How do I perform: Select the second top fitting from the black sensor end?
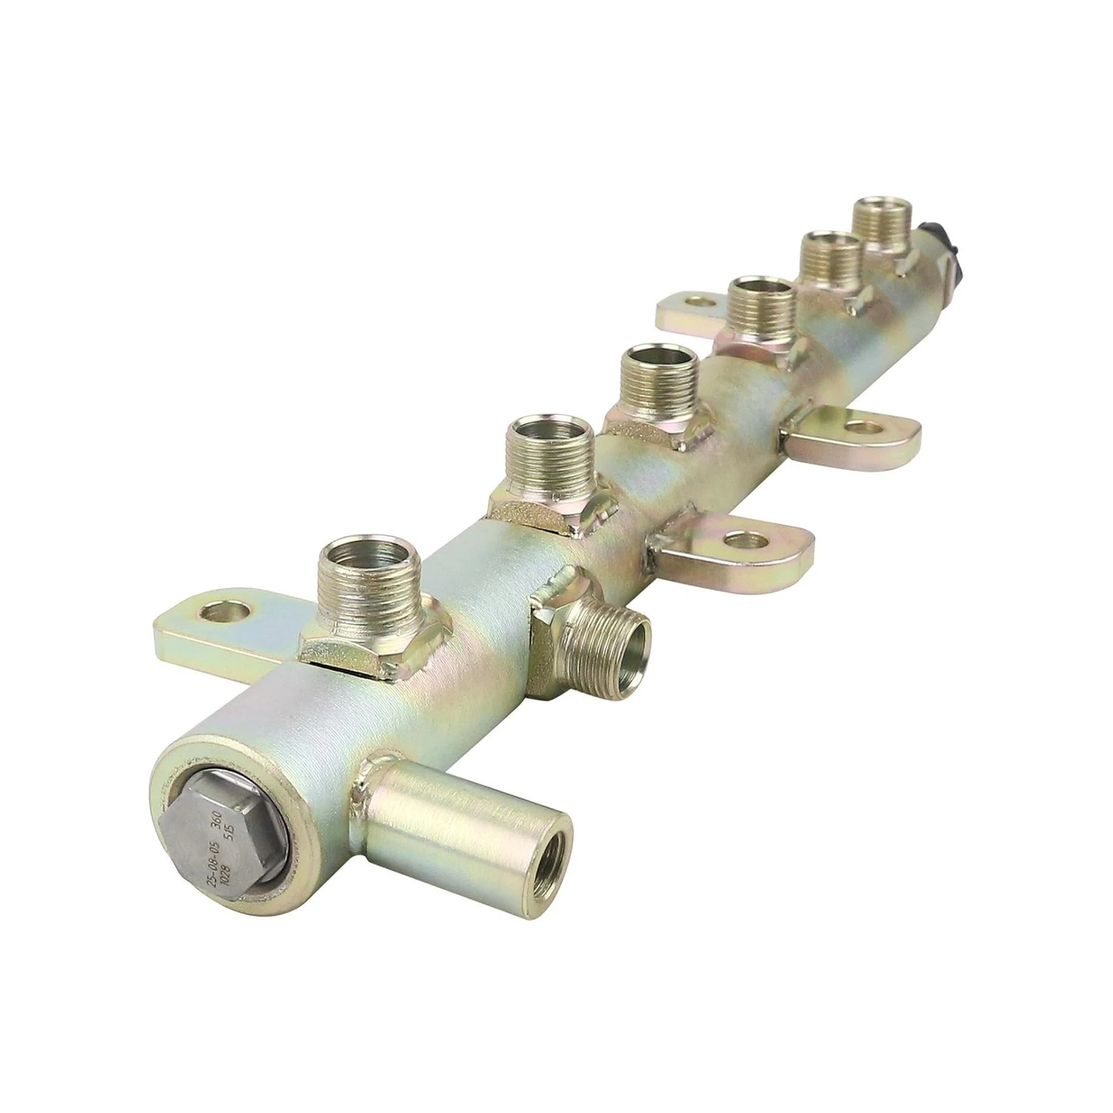click(x=830, y=258)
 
